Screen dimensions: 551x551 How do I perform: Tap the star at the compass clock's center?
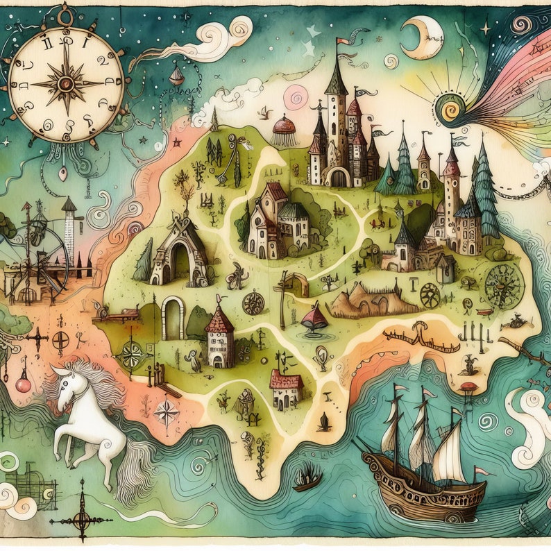coord(67,83)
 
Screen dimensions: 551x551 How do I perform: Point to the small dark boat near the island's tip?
coord(307,479)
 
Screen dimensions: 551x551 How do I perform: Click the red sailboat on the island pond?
coord(316,319)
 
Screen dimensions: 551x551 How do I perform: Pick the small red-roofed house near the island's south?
coord(286,389)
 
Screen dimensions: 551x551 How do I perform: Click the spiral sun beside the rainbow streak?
coord(449,108)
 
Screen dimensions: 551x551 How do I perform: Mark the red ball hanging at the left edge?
coord(24,383)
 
